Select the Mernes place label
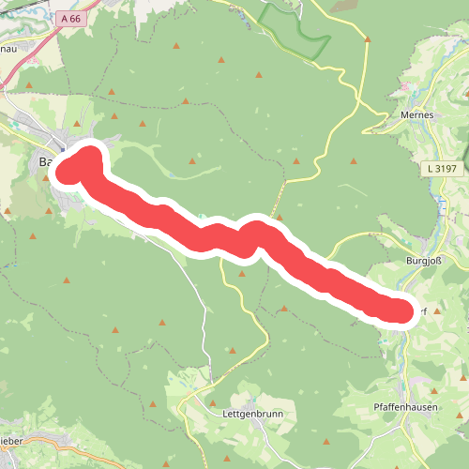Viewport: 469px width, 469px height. [x=416, y=114]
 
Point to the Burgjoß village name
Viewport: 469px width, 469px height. [x=423, y=262]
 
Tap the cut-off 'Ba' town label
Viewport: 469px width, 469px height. [x=44, y=162]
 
